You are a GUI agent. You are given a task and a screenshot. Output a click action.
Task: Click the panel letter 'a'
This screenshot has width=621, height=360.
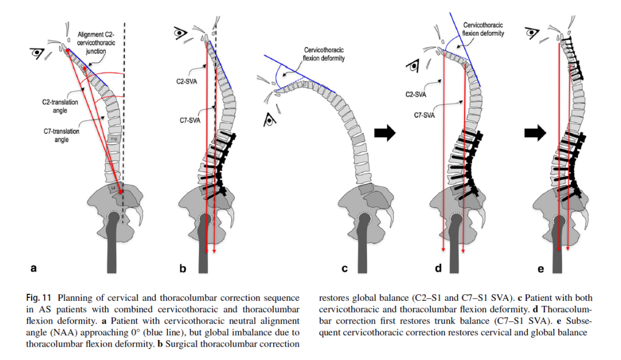pos(33,267)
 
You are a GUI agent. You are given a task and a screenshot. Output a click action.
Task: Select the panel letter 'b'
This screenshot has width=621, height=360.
pos(182,267)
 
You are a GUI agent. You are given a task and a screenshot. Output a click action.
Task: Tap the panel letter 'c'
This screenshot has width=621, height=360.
pos(345,267)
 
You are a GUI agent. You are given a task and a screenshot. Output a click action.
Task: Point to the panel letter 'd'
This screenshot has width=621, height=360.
pos(439,267)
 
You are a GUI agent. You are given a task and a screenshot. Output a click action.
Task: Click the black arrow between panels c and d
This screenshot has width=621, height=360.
pos(385,133)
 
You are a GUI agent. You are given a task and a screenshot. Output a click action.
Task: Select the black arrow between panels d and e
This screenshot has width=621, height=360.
pos(535,133)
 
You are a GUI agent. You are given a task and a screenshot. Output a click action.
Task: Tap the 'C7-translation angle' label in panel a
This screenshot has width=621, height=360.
pos(61,135)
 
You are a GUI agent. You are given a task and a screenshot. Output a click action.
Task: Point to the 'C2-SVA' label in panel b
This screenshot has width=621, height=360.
pos(186,82)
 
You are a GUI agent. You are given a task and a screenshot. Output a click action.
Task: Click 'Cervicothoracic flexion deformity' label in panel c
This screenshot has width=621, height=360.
pos(328,54)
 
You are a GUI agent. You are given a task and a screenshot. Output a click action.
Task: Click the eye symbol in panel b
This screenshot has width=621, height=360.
pos(182,33)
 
